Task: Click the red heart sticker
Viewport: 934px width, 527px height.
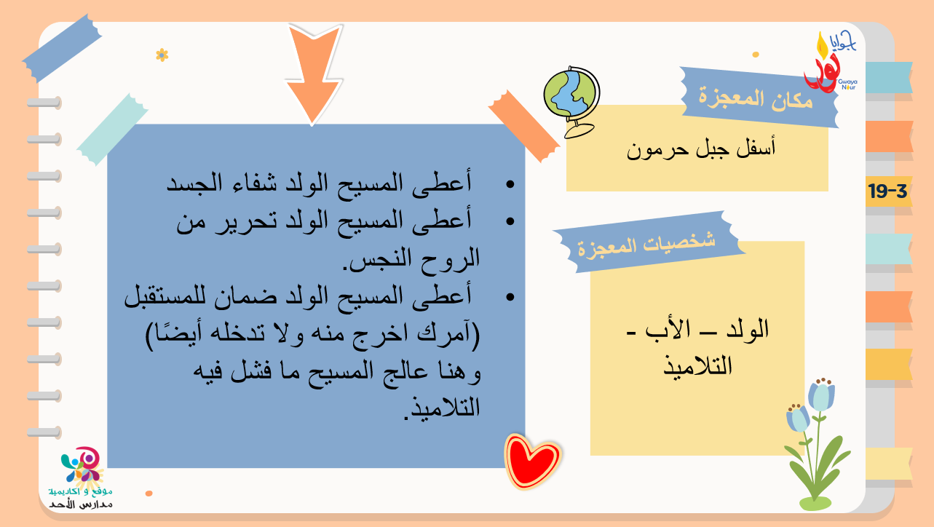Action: pos(532,461)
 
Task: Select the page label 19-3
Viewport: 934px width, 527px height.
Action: pos(887,191)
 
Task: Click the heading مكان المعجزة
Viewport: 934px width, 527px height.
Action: pos(756,99)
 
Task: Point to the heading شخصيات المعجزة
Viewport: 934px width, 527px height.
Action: pos(646,245)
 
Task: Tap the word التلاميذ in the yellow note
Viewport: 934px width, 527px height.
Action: pos(697,365)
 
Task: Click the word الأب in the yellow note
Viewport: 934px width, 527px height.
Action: pos(668,328)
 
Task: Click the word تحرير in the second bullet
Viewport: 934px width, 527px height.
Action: pos(246,221)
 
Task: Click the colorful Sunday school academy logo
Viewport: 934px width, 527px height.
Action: pos(82,478)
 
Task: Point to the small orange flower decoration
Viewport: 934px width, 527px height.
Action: pos(162,55)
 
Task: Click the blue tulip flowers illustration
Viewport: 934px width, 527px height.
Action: pos(815,445)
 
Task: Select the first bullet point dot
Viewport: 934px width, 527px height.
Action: pos(510,184)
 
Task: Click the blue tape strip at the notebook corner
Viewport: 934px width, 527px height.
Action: pos(62,48)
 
